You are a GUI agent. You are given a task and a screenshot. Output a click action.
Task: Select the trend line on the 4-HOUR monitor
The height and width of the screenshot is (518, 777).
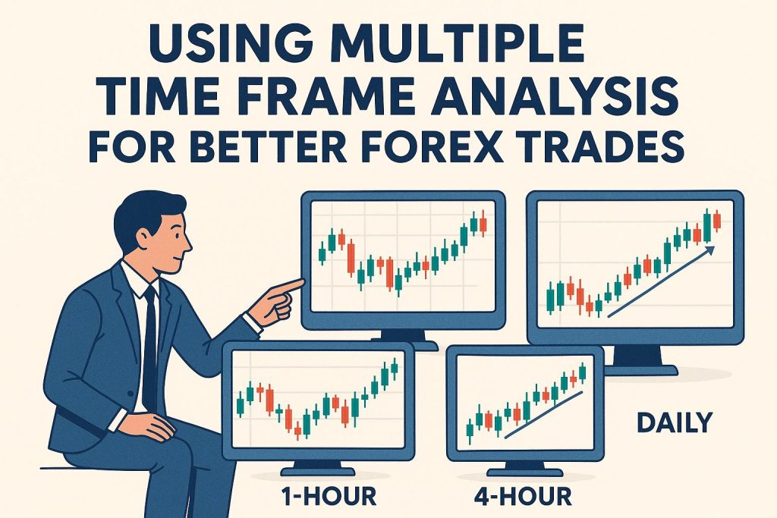pos(543,414)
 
